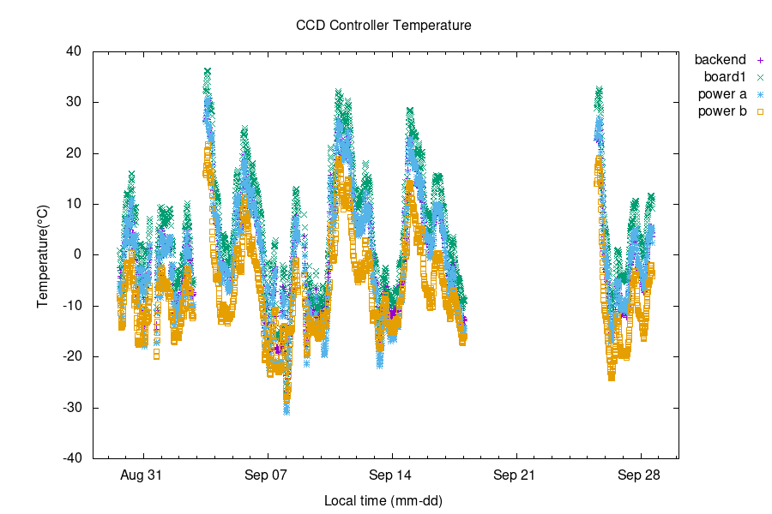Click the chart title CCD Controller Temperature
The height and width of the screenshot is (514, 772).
(383, 26)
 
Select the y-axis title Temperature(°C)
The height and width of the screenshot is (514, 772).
(42, 254)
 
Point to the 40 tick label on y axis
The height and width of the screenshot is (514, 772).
(74, 51)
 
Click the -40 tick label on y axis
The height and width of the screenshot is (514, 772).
(71, 458)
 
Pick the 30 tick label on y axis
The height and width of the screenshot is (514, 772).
(74, 102)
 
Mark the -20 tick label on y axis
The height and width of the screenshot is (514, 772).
(71, 356)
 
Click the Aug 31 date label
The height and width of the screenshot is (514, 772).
(142, 475)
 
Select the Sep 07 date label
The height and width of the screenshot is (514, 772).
(268, 475)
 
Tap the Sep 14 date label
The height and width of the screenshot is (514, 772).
(392, 475)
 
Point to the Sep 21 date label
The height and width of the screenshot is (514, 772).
(516, 475)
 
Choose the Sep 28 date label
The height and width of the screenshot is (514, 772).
(641, 475)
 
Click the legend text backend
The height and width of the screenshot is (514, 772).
(721, 60)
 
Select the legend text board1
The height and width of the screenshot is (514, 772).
(725, 77)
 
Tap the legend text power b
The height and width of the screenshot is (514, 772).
(722, 111)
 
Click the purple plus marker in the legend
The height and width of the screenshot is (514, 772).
(760, 60)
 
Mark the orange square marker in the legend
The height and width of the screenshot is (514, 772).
(760, 111)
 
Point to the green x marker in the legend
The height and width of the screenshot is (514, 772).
(760, 77)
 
